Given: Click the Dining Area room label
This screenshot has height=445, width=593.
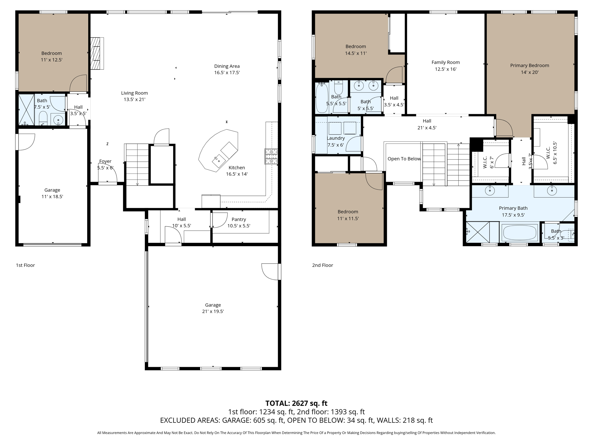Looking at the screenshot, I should pyautogui.click(x=227, y=66).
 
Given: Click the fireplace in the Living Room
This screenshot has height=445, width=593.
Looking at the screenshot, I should pyautogui.click(x=97, y=54).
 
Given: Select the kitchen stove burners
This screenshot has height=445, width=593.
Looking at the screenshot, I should pyautogui.click(x=271, y=156).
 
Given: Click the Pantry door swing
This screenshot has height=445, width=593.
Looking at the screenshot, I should pyautogui.click(x=219, y=220).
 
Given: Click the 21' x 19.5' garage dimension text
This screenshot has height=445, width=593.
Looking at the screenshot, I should pyautogui.click(x=213, y=311).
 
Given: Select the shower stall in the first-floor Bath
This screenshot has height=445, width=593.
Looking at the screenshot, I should pyautogui.click(x=26, y=110).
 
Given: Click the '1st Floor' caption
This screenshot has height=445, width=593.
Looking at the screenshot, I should pyautogui.click(x=25, y=265).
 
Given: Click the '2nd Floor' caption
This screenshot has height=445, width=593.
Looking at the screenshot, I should pyautogui.click(x=323, y=265).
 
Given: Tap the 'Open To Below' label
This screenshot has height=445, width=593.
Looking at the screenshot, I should pyautogui.click(x=404, y=159).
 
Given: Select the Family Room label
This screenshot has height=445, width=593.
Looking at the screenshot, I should pyautogui.click(x=445, y=62).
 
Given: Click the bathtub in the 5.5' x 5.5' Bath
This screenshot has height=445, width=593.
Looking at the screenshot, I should pyautogui.click(x=321, y=99).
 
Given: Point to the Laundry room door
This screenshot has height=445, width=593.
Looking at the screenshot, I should pyautogui.click(x=354, y=144).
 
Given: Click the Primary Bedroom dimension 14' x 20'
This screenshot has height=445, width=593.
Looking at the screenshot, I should pyautogui.click(x=529, y=72).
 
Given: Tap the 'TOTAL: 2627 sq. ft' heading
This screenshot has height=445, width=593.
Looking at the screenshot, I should pyautogui.click(x=296, y=403).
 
